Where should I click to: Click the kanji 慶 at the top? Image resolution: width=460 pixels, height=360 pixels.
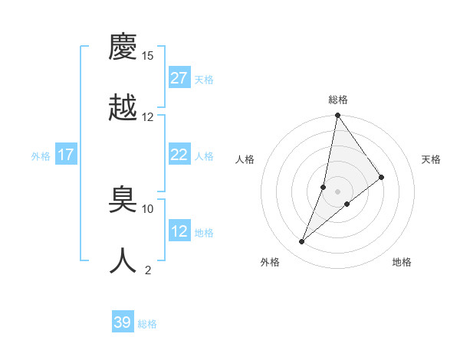coord(123,47)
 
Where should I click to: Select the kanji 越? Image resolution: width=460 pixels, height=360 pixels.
coord(123,107)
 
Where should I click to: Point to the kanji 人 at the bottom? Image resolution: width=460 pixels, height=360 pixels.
coord(123,260)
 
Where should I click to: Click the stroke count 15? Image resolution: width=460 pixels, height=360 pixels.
coord(148,56)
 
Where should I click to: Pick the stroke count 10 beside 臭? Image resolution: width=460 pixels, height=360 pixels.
coord(148,208)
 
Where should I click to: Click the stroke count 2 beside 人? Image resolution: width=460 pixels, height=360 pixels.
coord(148,269)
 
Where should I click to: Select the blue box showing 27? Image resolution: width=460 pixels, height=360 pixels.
coord(179,78)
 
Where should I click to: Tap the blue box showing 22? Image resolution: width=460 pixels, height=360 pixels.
coord(179,155)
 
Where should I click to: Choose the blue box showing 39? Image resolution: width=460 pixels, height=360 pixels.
coord(123,322)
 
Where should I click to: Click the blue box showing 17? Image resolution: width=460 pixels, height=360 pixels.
coord(66,155)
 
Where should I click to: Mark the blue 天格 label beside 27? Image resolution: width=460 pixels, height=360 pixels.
coord(204,80)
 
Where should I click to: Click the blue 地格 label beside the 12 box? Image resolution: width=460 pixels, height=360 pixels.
coord(204,233)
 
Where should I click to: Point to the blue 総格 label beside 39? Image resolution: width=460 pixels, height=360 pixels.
coord(147,324)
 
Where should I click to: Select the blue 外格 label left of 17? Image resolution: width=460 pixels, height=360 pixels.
coord(41,156)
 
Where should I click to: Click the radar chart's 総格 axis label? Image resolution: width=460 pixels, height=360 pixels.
coord(338,100)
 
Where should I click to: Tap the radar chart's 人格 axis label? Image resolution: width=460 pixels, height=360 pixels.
coord(245,159)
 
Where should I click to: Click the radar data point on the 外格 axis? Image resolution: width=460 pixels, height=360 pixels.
coord(302,242)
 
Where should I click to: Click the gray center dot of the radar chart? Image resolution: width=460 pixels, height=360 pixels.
coord(338,191)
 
